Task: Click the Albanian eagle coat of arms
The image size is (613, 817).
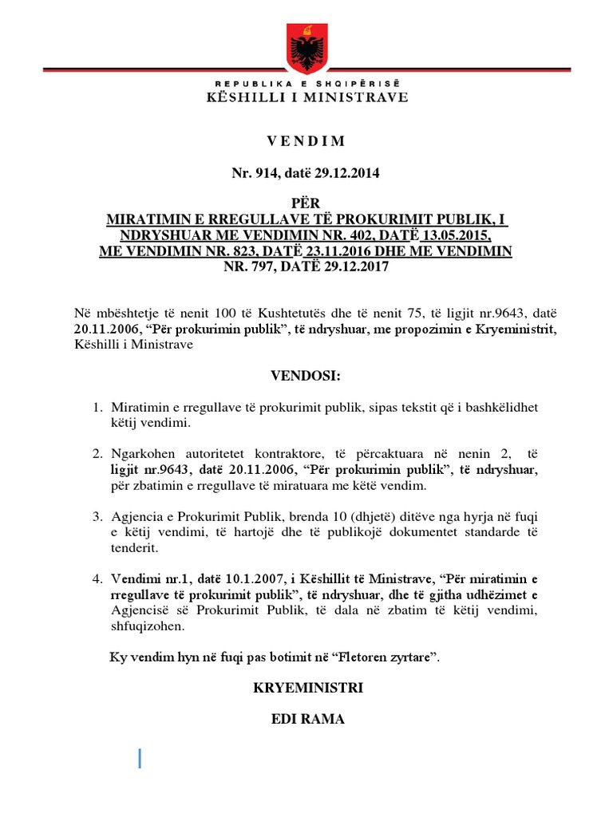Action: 306,48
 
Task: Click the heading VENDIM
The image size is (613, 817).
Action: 306,141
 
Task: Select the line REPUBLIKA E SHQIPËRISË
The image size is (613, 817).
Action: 306,84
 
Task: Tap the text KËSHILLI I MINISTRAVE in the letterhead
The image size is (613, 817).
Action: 306,97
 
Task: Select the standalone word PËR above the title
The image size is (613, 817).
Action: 306,206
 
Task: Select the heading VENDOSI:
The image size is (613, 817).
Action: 306,375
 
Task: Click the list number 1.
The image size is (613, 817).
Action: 99,407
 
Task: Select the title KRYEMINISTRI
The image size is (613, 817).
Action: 306,688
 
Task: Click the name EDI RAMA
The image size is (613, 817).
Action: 307,720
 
